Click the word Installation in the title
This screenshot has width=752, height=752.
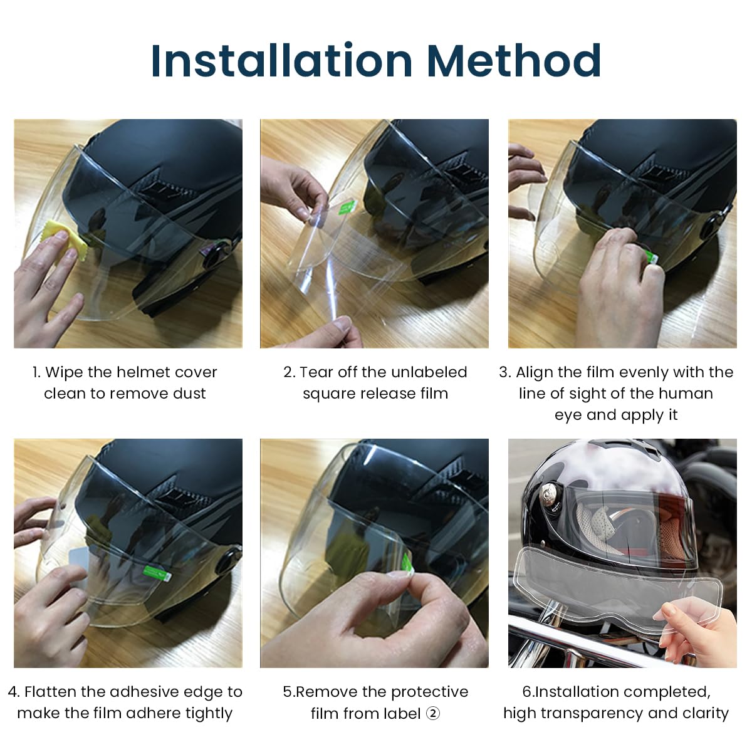(x=282, y=61)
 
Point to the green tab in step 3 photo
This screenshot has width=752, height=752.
(x=650, y=256)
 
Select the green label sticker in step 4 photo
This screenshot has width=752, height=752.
(x=157, y=571)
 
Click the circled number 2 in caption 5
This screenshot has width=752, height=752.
(x=433, y=713)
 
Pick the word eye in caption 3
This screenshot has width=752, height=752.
(x=568, y=415)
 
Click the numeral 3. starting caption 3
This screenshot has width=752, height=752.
(x=505, y=372)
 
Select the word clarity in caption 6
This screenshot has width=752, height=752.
(x=706, y=713)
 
